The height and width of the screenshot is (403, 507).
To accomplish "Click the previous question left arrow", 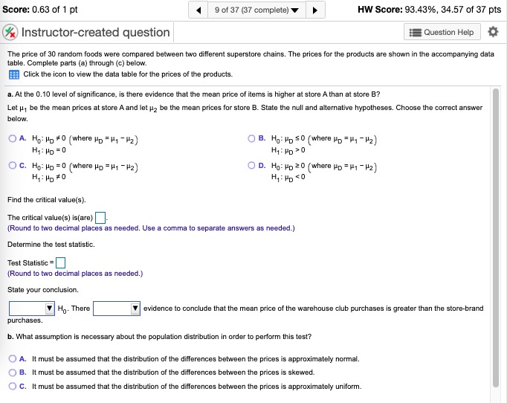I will click(199, 10).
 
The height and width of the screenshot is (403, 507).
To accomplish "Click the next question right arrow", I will click(314, 10).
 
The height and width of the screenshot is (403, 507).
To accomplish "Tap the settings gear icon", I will click(491, 32).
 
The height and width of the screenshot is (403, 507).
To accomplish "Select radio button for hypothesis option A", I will click(13, 138).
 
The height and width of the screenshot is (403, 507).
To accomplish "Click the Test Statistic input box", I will click(61, 262).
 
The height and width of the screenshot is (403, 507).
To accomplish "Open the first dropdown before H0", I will click(31, 309).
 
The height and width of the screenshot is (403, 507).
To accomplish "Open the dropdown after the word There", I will click(115, 309).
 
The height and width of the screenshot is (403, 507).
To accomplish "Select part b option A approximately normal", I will click(13, 359).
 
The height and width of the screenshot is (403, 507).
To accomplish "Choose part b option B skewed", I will click(13, 373).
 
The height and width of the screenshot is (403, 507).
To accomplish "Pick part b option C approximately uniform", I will click(13, 386).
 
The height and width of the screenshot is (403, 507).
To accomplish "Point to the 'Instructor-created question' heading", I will click(96, 33).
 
